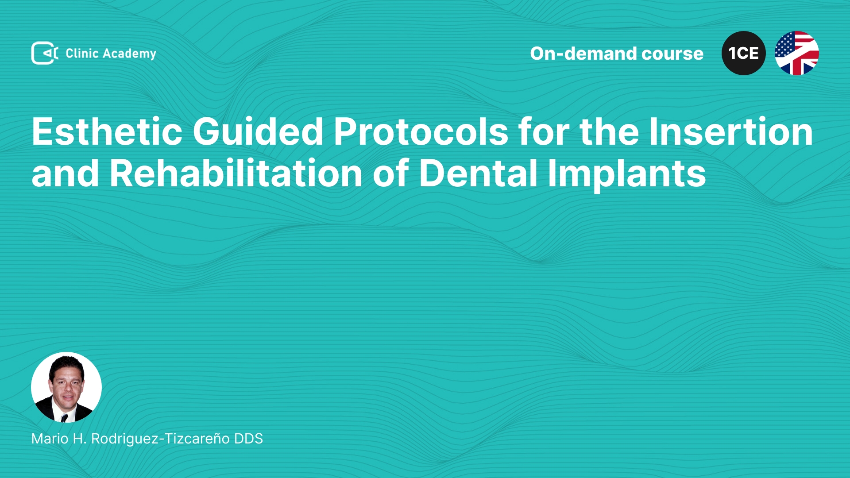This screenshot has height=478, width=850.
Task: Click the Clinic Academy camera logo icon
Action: tap(45, 53)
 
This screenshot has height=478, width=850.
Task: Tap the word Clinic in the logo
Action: tap(82, 53)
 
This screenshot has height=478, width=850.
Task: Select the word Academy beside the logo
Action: tap(129, 54)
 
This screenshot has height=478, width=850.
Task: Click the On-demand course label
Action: tap(617, 54)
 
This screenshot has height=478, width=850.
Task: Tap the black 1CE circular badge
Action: tap(744, 53)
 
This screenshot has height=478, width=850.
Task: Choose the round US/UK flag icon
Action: tap(797, 53)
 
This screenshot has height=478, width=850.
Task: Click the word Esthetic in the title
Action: tap(107, 131)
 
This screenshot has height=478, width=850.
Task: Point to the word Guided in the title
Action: tap(258, 131)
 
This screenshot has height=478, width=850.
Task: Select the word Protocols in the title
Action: tap(421, 131)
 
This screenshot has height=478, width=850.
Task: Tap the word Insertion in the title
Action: tap(731, 131)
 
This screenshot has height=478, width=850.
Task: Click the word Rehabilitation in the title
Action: tap(236, 173)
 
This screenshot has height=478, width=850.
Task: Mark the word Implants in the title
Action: tap(627, 174)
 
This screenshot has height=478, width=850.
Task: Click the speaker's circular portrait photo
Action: tap(66, 387)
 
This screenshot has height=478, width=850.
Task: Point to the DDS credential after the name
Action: tap(248, 439)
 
